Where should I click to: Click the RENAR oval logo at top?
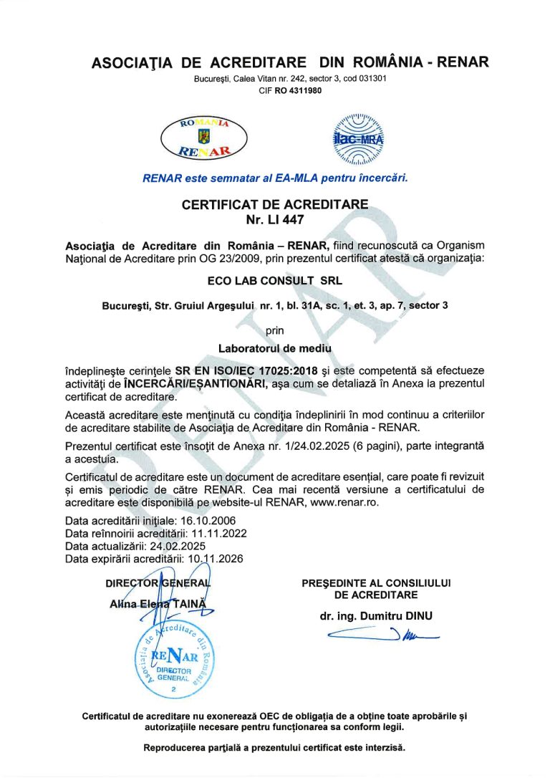pos(204,138)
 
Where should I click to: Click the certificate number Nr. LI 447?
pos(274,220)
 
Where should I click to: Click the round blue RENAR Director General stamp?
pos(174,659)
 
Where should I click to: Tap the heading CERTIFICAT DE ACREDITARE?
pos(275,205)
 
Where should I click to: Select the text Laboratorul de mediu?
pos(274,349)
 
